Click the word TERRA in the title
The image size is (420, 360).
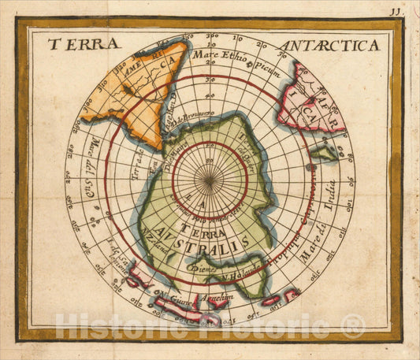(x=84, y=44)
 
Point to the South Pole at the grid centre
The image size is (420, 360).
(x=210, y=180)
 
